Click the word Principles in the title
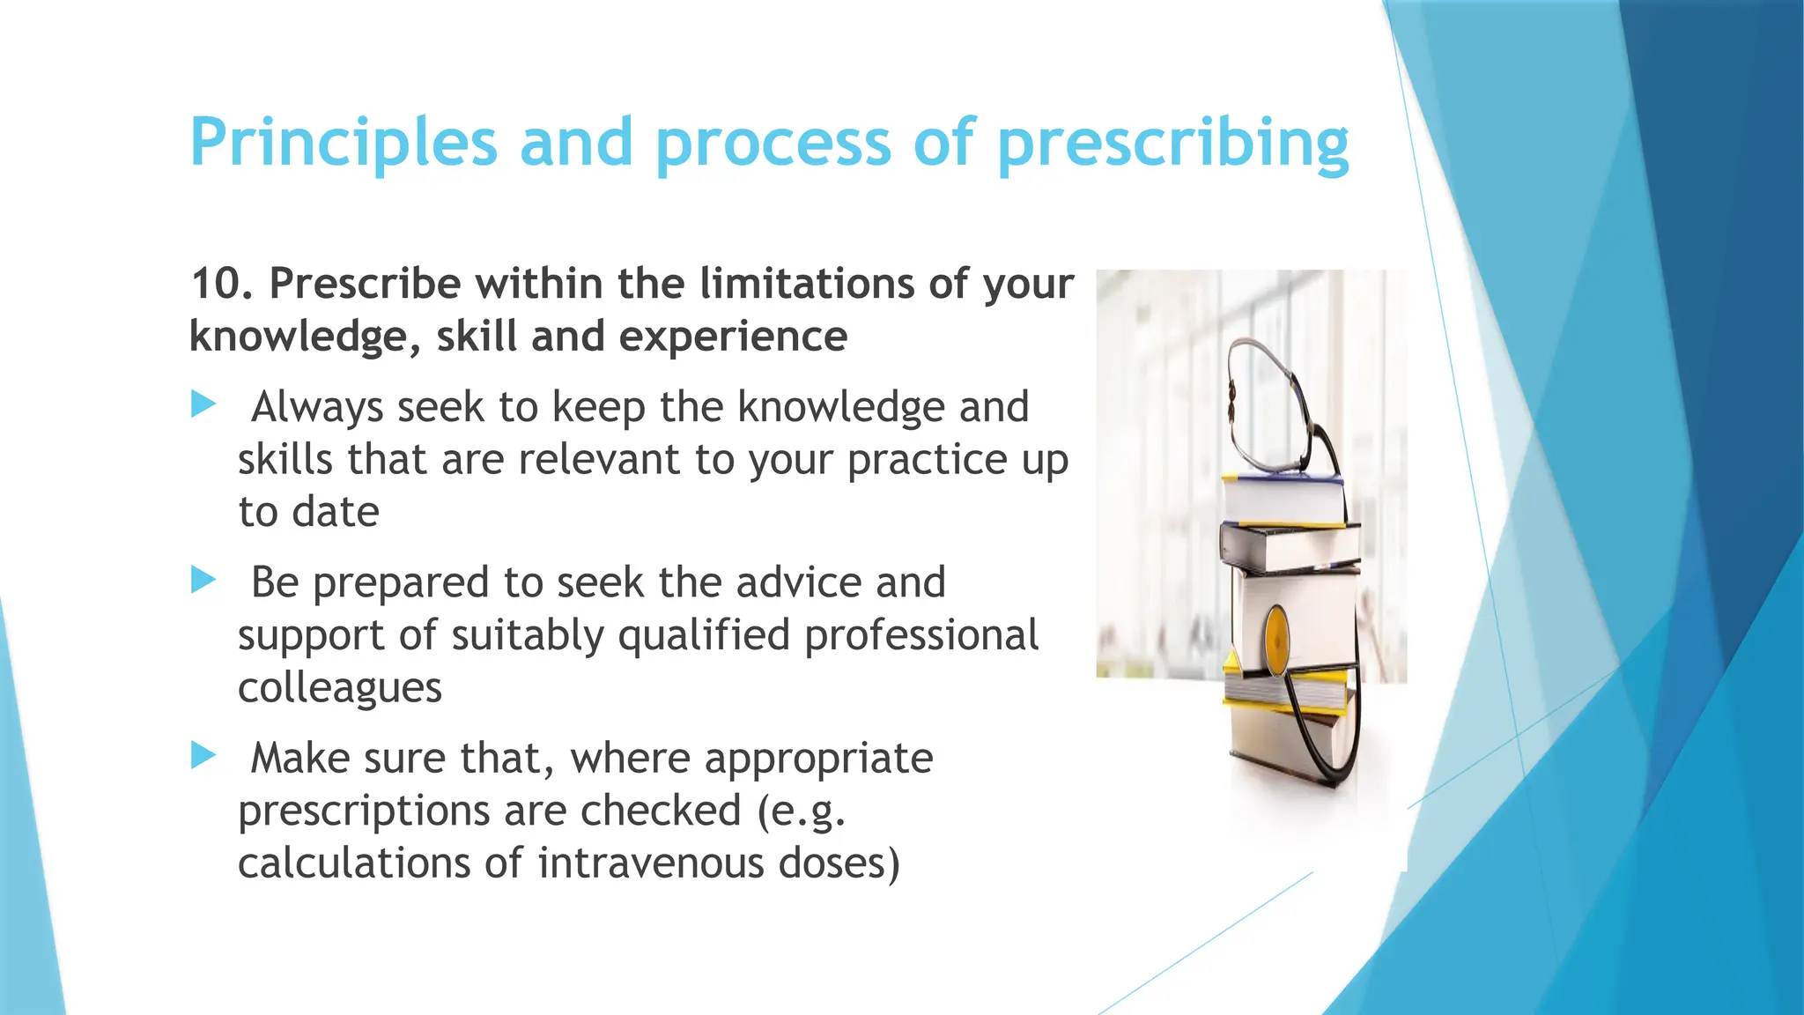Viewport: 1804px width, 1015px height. click(x=344, y=143)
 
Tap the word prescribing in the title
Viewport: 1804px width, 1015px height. click(x=1172, y=143)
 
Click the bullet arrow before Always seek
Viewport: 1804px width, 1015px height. click(x=203, y=405)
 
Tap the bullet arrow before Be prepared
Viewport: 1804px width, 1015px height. click(x=203, y=580)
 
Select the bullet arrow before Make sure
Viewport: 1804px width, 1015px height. click(x=203, y=755)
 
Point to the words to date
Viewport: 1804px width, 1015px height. click(x=308, y=512)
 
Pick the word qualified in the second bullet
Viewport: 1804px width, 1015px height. click(x=703, y=635)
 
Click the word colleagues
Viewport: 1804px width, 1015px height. click(x=340, y=687)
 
